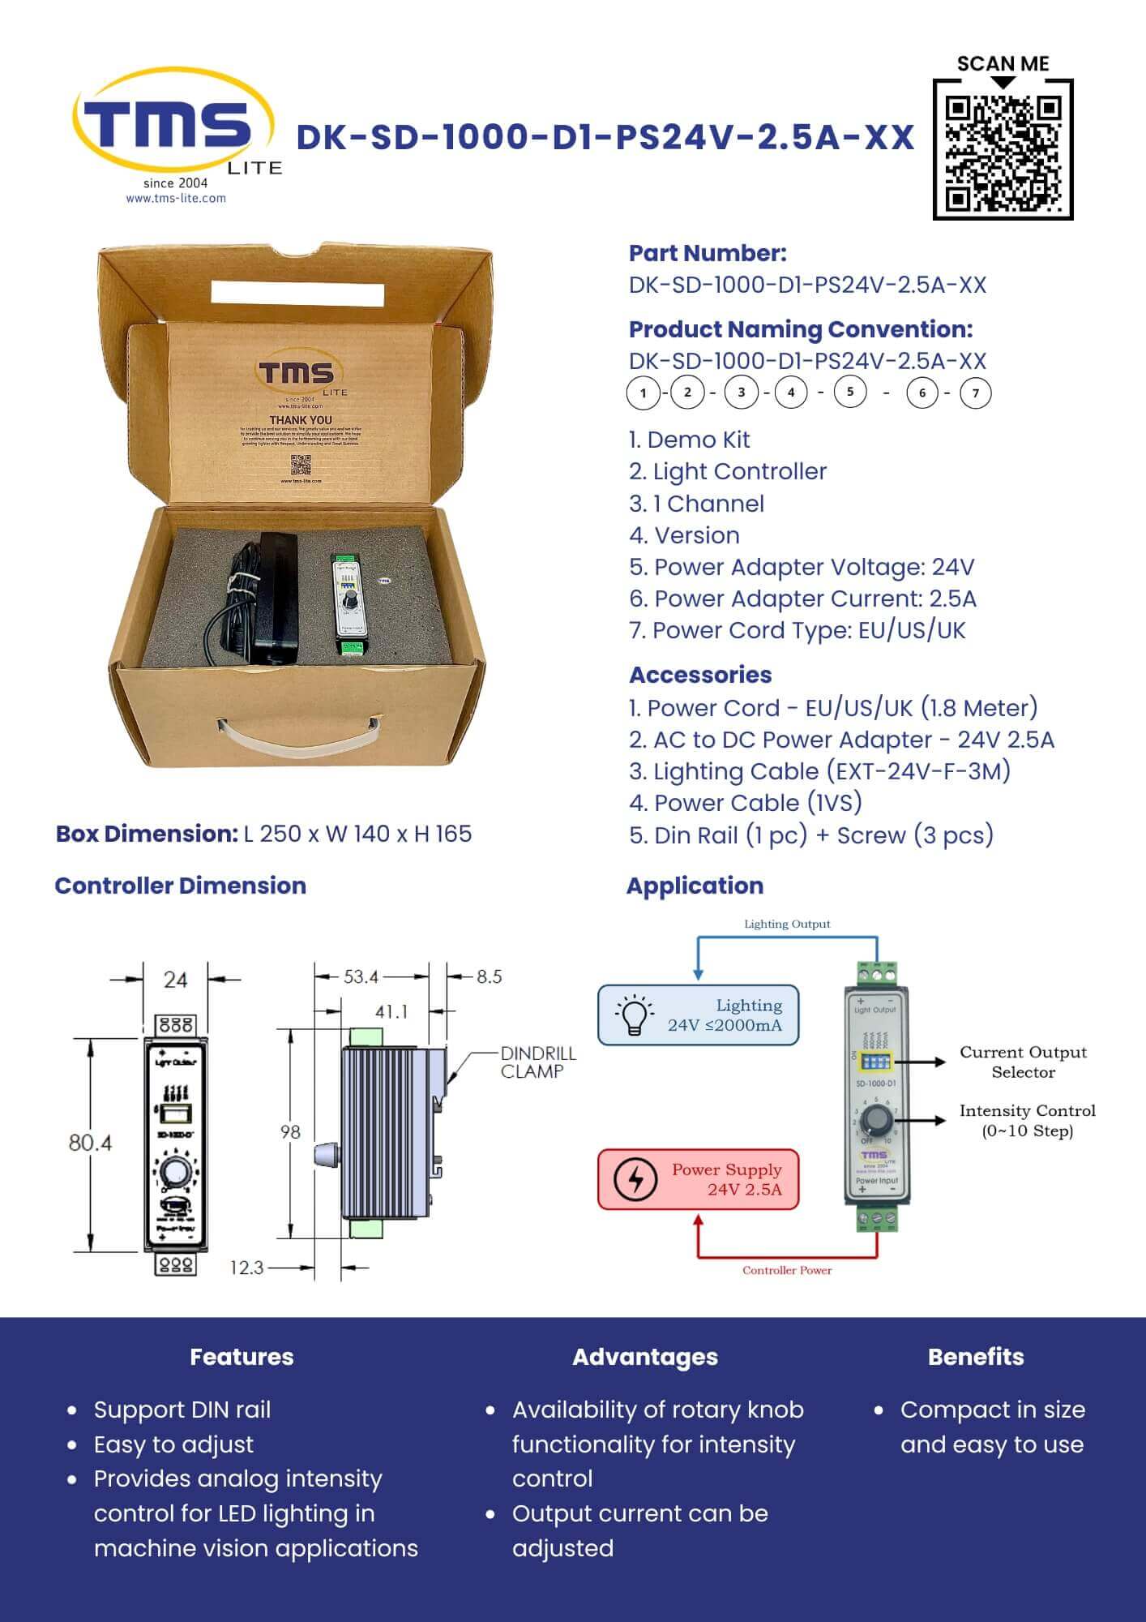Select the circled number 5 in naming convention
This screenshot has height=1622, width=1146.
click(849, 393)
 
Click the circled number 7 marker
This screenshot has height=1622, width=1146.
click(975, 393)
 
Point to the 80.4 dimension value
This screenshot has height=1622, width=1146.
click(90, 1143)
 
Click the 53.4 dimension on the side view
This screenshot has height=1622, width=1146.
click(361, 976)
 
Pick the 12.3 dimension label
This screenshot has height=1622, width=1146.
click(246, 1267)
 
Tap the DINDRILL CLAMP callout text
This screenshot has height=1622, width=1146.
click(538, 1062)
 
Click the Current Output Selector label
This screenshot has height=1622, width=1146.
click(1023, 1062)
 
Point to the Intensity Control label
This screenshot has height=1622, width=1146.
click(1027, 1120)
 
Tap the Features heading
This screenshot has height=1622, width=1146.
click(242, 1357)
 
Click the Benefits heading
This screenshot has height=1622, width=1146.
click(976, 1357)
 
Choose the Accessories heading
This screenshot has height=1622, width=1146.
click(700, 675)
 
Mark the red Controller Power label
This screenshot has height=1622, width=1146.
click(787, 1270)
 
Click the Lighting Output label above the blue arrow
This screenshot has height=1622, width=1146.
click(787, 924)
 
